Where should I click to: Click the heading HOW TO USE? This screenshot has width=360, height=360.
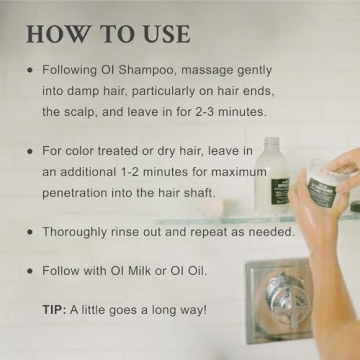point(108,32)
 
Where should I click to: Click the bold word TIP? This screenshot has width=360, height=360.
point(56,310)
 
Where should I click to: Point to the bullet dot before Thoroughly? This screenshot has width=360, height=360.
point(30,232)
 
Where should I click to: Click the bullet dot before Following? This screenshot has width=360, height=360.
point(30,72)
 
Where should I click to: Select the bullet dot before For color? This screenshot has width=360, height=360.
point(30,152)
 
